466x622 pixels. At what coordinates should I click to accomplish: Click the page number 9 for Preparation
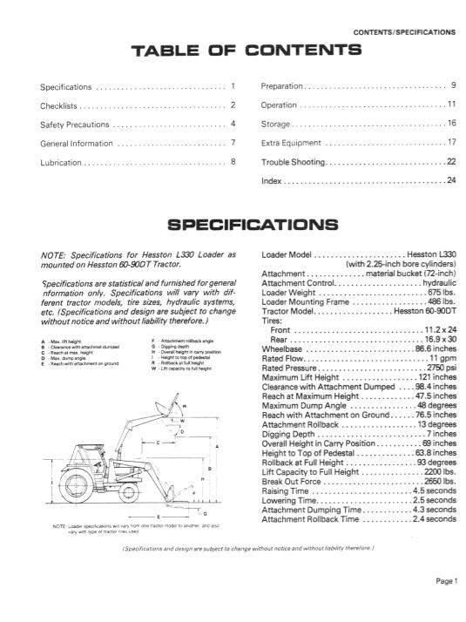coord(454,86)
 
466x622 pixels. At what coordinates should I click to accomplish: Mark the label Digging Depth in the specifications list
coord(288,435)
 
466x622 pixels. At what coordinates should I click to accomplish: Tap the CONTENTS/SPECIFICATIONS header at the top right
coord(404,32)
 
